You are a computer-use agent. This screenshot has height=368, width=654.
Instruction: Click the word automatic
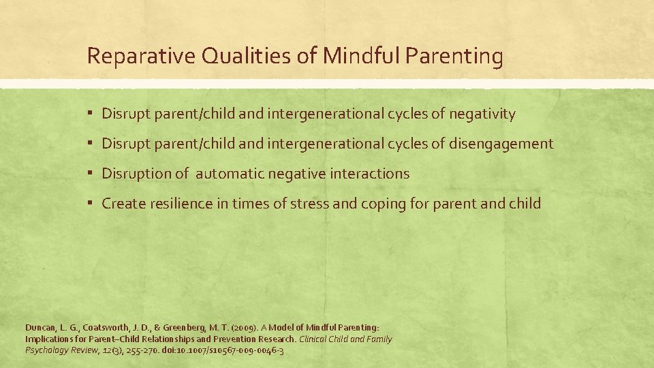pos(230,174)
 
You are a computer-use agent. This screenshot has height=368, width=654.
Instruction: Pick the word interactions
pos(372,174)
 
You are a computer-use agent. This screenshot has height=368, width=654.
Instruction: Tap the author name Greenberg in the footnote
pos(204,328)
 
